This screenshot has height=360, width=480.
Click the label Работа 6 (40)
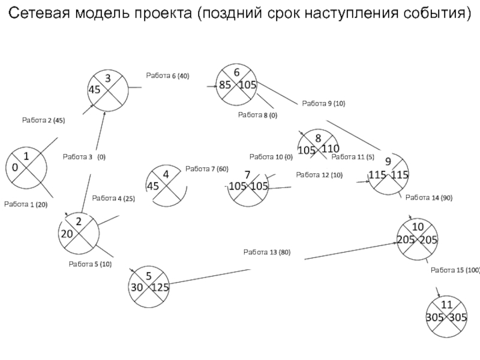pos(167,76)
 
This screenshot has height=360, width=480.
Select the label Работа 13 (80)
pos(267,252)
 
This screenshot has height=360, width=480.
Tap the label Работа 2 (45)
pos(43,121)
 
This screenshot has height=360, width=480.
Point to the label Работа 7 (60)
pos(207,169)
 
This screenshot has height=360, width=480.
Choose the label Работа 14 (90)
pos(429,198)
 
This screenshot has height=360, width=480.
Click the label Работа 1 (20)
pos(26,205)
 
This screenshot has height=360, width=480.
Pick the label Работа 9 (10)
pos(323,103)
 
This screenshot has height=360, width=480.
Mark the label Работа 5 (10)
pos(90,264)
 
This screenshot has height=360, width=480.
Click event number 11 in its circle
pos(446,305)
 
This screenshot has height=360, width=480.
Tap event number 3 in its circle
pos(108,79)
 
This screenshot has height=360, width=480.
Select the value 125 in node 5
pos(160,287)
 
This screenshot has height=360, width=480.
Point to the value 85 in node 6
pos(225,85)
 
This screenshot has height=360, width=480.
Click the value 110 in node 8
pos(331,149)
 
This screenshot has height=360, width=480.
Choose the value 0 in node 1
pos(15,167)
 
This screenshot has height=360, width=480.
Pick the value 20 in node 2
pos(67,234)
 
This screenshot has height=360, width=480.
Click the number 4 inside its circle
pos(166,175)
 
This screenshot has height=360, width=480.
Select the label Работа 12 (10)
pos(319,175)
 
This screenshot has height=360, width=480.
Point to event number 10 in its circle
pos(418,227)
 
